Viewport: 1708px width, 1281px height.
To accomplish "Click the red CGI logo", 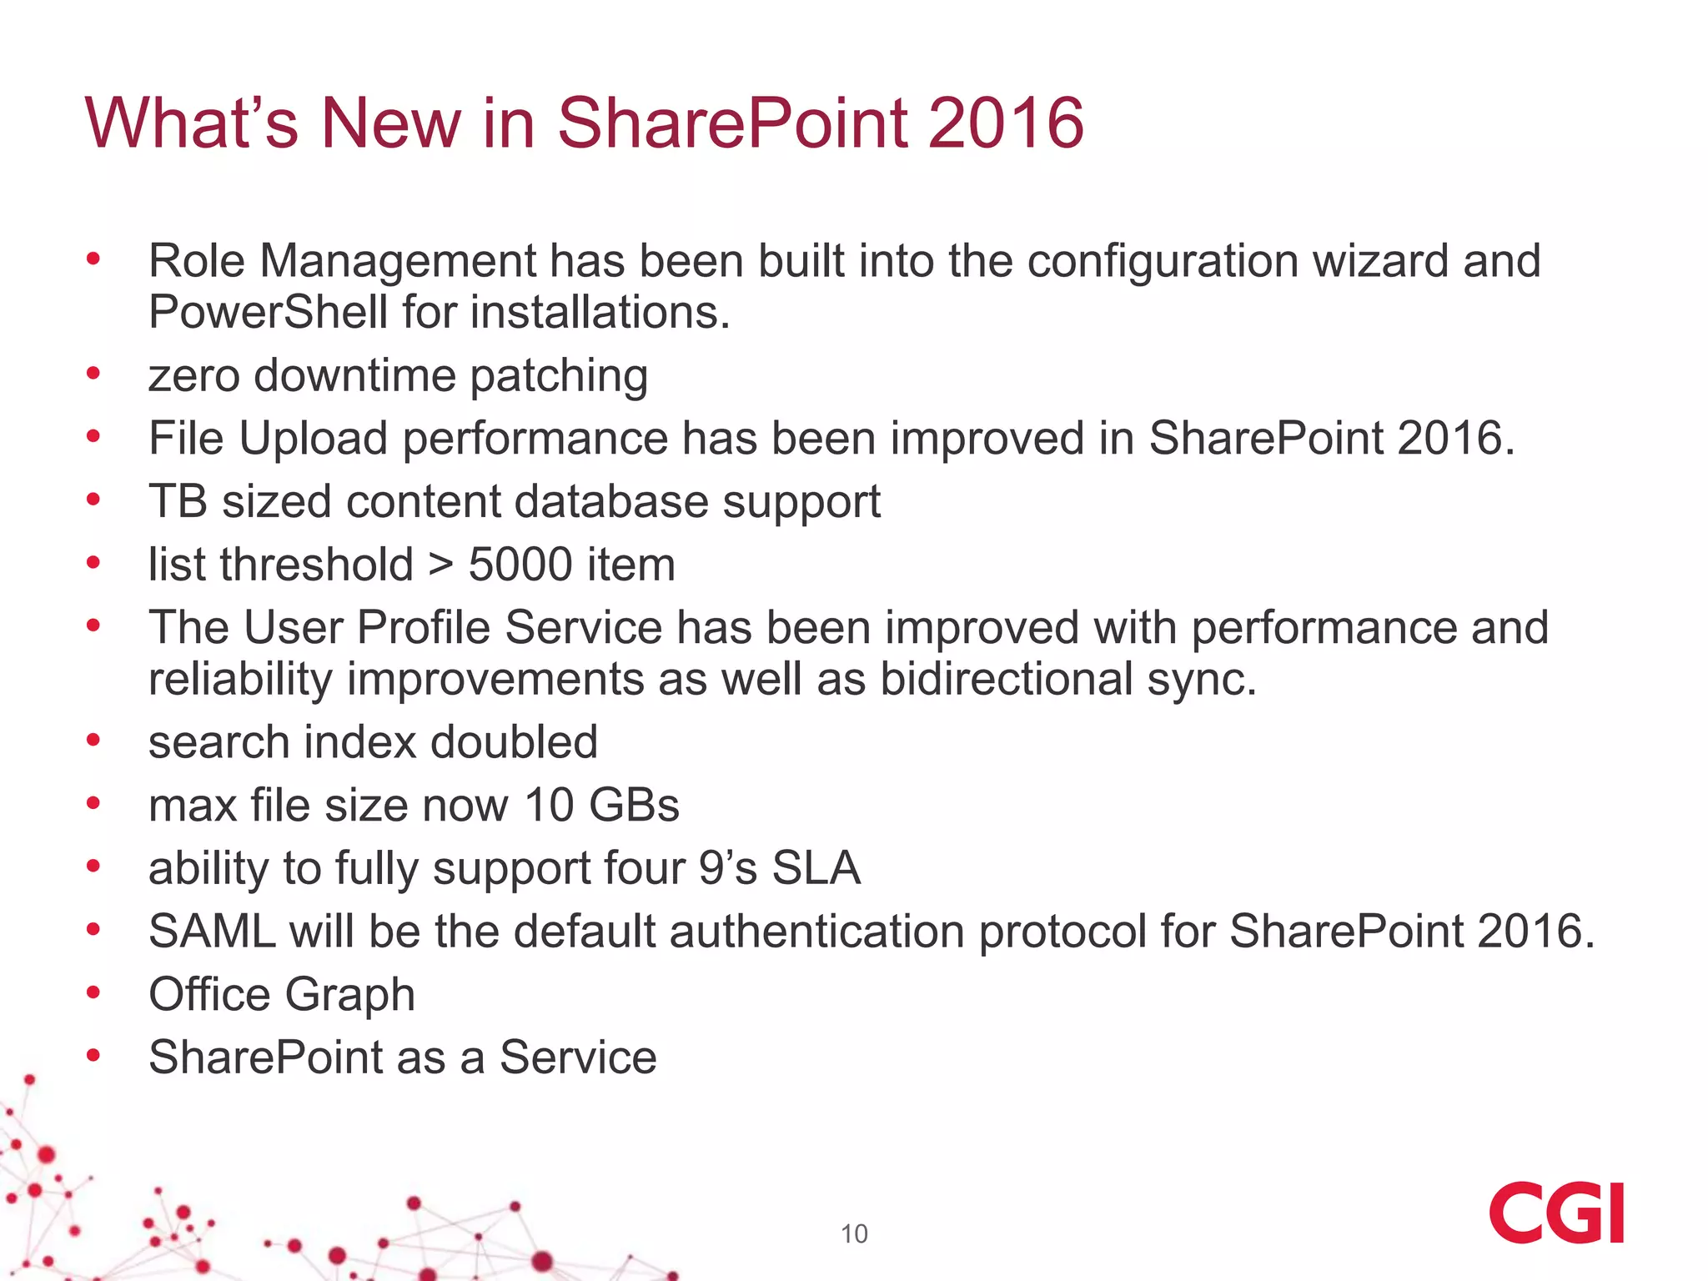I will pyautogui.click(x=1556, y=1212).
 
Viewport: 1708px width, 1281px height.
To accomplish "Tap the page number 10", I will pyautogui.click(x=854, y=1233).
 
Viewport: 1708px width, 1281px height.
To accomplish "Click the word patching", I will pyautogui.click(x=559, y=375).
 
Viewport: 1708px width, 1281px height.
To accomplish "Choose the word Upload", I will pyautogui.click(x=314, y=438).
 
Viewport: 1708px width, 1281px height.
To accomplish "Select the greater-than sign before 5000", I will pyautogui.click(x=441, y=565).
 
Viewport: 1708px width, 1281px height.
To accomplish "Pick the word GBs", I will pyautogui.click(x=635, y=805).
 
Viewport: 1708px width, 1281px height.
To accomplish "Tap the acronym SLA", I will pyautogui.click(x=816, y=868).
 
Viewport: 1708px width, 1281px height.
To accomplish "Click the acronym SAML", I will pyautogui.click(x=212, y=931).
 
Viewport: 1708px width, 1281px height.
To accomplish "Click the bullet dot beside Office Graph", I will pyautogui.click(x=93, y=992).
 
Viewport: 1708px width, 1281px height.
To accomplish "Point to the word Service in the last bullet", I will pyautogui.click(x=578, y=1057).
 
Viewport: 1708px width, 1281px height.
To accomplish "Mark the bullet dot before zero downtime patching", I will pyautogui.click(x=93, y=374).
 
